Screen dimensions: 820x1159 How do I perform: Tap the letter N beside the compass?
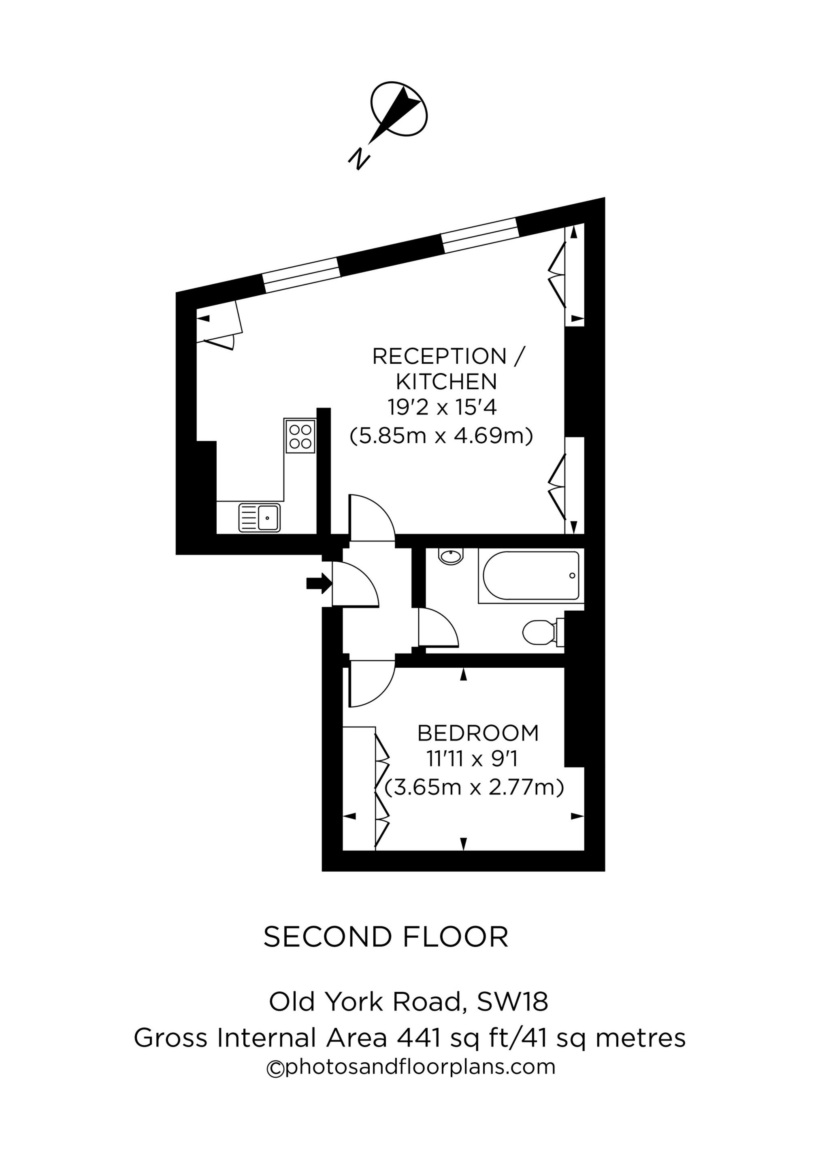click(359, 159)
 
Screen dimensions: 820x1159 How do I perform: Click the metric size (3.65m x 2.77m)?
click(475, 788)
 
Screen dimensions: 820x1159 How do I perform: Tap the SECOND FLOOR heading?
click(386, 937)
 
